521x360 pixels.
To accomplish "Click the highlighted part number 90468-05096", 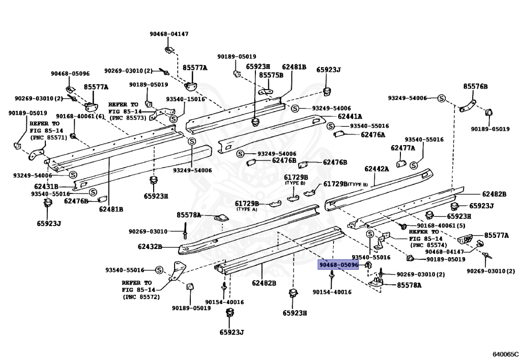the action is pyautogui.click(x=338, y=265).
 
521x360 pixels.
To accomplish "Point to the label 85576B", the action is pyautogui.click(x=476, y=87).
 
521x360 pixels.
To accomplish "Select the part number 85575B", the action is pyautogui.click(x=271, y=75).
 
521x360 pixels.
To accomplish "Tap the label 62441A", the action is pyautogui.click(x=350, y=116).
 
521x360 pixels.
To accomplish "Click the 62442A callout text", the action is pyautogui.click(x=377, y=169).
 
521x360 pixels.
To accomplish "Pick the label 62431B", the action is pyautogui.click(x=46, y=187).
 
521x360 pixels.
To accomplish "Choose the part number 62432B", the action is pyautogui.click(x=150, y=246).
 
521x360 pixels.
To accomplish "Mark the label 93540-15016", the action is pyautogui.click(x=186, y=99).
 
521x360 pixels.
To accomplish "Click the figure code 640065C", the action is pyautogui.click(x=505, y=354).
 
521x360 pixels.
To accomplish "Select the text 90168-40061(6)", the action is pyautogui.click(x=80, y=116).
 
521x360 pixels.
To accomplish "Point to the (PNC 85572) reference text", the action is pyautogui.click(x=141, y=297).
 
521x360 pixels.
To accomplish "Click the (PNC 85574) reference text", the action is pyautogui.click(x=428, y=245).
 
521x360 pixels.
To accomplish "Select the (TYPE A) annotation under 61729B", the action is pyautogui.click(x=247, y=209).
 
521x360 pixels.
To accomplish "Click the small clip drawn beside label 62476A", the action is pyautogui.click(x=339, y=134).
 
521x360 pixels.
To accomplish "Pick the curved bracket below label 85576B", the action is pyautogui.click(x=468, y=106).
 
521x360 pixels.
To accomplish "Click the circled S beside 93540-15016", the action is pyautogui.click(x=173, y=119).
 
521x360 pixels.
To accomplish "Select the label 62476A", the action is pyautogui.click(x=373, y=134).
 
